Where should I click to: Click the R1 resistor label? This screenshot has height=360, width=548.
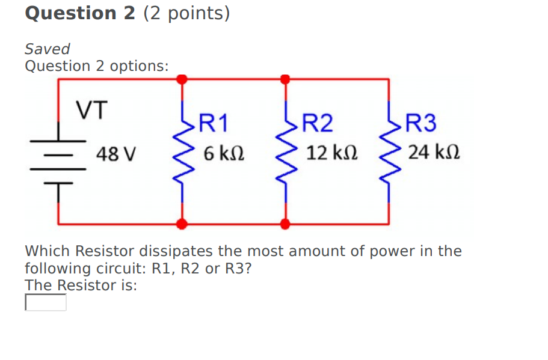click(x=214, y=123)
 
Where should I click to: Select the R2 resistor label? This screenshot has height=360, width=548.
click(x=317, y=123)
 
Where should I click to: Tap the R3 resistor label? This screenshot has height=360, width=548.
click(x=421, y=123)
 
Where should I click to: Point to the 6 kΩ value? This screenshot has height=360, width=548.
click(x=224, y=153)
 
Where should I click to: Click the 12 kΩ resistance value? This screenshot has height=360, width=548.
click(x=332, y=153)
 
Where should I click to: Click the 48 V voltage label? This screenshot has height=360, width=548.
click(x=117, y=154)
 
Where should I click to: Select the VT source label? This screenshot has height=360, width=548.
click(x=91, y=111)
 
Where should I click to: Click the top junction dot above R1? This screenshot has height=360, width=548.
click(x=182, y=79)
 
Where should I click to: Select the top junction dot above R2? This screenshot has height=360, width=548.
click(x=285, y=79)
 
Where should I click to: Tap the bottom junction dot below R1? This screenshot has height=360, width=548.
click(x=182, y=224)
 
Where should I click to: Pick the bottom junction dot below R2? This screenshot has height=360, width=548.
click(x=285, y=224)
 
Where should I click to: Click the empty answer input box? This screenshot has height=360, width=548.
click(x=46, y=302)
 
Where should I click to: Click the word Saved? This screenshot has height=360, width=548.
click(x=48, y=49)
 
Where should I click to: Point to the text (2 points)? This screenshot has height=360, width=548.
click(x=186, y=13)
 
